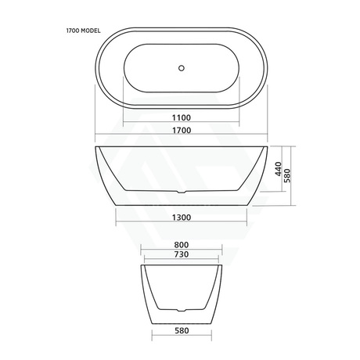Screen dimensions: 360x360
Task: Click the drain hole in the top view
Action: (181, 68)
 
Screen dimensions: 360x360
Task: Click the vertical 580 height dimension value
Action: (290, 177)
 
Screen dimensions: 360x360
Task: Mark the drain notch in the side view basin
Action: (181, 190)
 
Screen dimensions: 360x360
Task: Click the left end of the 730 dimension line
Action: (145, 260)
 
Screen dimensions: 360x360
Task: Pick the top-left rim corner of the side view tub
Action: (95, 146)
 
